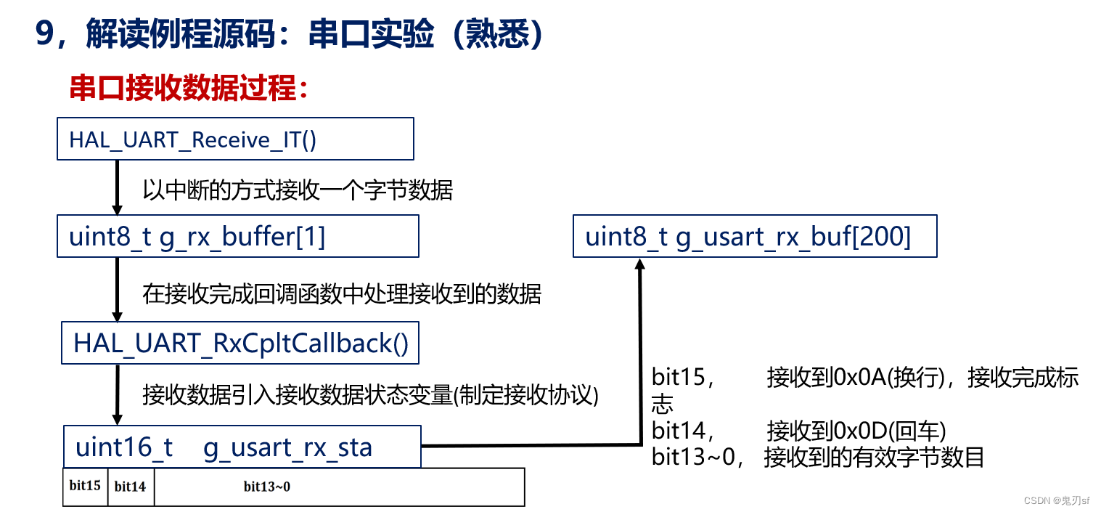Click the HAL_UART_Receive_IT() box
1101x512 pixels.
pyautogui.click(x=235, y=139)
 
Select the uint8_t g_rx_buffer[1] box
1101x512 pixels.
pyautogui.click(x=238, y=237)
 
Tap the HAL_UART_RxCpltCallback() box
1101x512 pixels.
pyautogui.click(x=241, y=343)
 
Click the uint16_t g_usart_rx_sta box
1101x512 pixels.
pyautogui.click(x=242, y=447)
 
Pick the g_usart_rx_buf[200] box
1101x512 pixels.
pyautogui.click(x=755, y=237)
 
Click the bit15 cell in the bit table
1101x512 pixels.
pyautogui.click(x=86, y=486)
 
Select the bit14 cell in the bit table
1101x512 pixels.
pyautogui.click(x=131, y=486)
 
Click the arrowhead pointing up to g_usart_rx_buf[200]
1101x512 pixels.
pyautogui.click(x=640, y=267)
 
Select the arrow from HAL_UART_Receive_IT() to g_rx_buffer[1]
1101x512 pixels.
pyautogui.click(x=116, y=187)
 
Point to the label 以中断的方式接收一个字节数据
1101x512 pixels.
pyautogui.click(x=298, y=190)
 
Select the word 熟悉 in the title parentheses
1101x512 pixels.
pyautogui.click(x=497, y=35)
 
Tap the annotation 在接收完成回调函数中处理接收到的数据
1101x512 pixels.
pyautogui.click(x=342, y=294)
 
